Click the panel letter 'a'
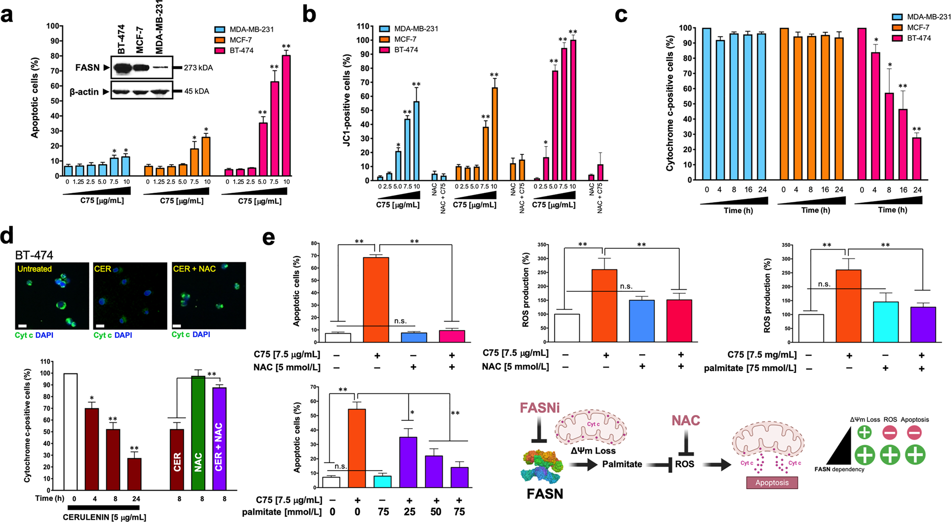tap(7, 15)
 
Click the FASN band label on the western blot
tap(87, 67)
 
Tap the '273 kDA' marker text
tap(198, 67)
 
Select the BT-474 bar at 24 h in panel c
tap(916, 159)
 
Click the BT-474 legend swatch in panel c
tap(897, 38)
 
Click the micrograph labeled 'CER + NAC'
tap(209, 296)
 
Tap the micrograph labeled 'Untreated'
tap(52, 296)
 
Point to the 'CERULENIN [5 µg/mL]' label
tap(104, 517)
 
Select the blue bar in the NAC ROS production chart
tap(642, 321)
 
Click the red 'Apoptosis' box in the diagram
tap(772, 482)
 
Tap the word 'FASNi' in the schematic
tap(540, 408)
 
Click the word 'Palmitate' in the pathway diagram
tap(622, 464)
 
